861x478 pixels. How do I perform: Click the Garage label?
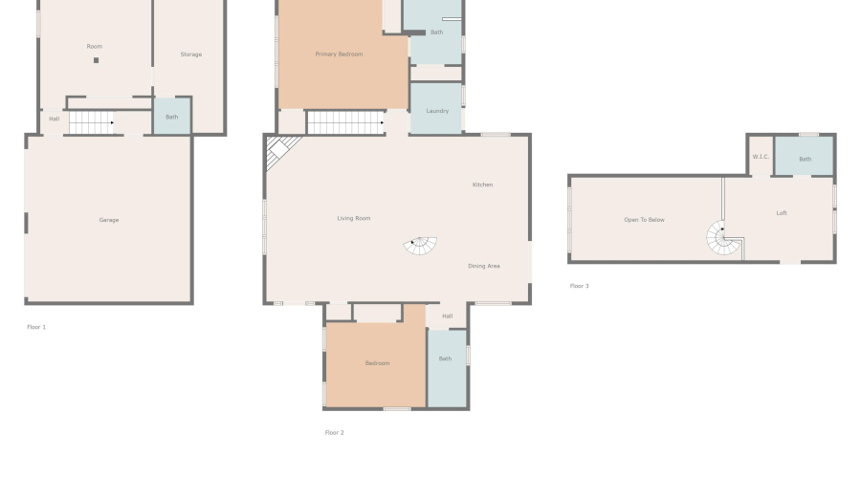[x=109, y=220]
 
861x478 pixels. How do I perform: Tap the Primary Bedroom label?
[x=339, y=54]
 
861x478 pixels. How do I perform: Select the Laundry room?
[x=436, y=111]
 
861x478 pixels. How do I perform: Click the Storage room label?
[x=191, y=54]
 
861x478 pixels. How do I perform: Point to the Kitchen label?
[x=482, y=185]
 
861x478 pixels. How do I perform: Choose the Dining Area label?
[x=483, y=266]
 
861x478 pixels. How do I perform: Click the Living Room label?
[x=353, y=219]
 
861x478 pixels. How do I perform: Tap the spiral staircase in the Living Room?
[x=420, y=246]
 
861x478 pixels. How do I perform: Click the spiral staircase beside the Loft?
[x=724, y=239]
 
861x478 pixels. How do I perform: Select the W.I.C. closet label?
[x=761, y=157]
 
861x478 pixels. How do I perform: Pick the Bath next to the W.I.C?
[x=805, y=159]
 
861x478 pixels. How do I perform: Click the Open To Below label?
[x=644, y=220]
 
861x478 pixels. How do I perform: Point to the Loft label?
[x=782, y=213]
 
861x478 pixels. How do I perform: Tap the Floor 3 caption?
[x=579, y=286]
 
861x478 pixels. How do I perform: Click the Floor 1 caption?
[x=36, y=327]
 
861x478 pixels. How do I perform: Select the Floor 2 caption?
[x=334, y=432]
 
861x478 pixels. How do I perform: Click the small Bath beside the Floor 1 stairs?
[x=172, y=117]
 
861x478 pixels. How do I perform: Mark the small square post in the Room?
[x=96, y=60]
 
